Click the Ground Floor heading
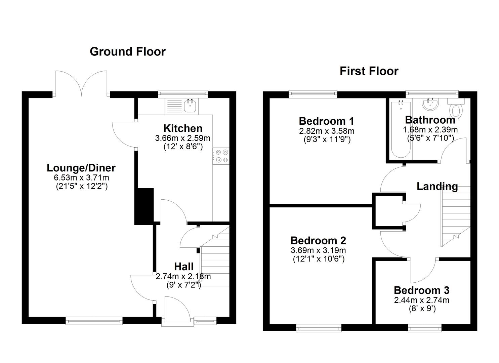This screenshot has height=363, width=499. point(128,52)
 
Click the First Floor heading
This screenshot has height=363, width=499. point(369,71)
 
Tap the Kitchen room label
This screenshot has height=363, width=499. point(183,128)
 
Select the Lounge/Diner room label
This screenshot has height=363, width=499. point(81,168)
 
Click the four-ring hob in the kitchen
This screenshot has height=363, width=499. point(221,156)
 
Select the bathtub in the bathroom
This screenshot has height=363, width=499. point(401,130)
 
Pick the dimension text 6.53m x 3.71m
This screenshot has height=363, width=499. point(81,177)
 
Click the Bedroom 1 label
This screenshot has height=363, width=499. point(326,121)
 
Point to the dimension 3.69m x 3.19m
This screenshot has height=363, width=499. point(318,250)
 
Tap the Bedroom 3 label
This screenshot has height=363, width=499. point(421,290)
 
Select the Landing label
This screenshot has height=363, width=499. point(437,187)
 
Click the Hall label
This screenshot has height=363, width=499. point(184,267)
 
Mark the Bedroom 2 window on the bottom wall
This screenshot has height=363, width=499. point(319,328)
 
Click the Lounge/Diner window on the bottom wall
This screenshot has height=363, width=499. point(94,321)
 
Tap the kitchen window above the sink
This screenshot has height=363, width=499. point(183,94)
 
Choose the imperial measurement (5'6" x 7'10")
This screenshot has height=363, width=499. point(430,138)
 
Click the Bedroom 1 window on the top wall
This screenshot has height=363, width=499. point(313,94)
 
